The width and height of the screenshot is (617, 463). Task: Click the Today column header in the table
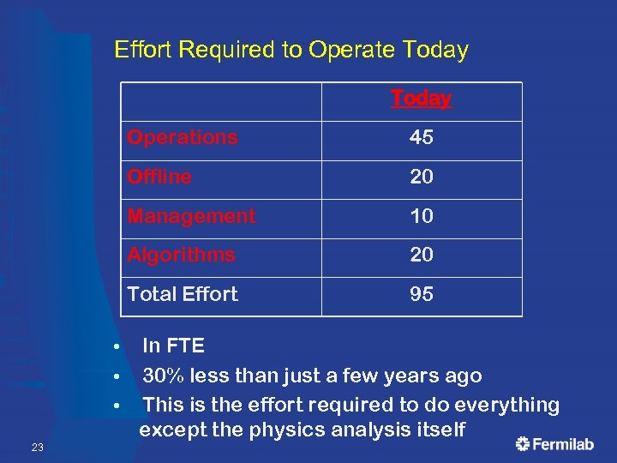(421, 99)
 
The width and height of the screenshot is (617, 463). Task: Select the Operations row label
(183, 138)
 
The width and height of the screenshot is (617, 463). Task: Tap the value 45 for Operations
(421, 138)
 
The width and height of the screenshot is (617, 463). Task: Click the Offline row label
(159, 177)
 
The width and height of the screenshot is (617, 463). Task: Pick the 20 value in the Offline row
(421, 177)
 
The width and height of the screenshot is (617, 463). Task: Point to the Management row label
(191, 216)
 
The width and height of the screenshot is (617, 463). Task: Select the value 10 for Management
(421, 216)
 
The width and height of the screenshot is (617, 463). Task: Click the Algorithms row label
(181, 255)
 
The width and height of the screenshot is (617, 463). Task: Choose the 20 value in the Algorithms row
(421, 255)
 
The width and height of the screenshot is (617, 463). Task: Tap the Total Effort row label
(183, 294)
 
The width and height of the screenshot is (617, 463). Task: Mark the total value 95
(421, 294)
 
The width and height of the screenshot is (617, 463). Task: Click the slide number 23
(37, 448)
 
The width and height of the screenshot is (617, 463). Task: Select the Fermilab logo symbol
(523, 443)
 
